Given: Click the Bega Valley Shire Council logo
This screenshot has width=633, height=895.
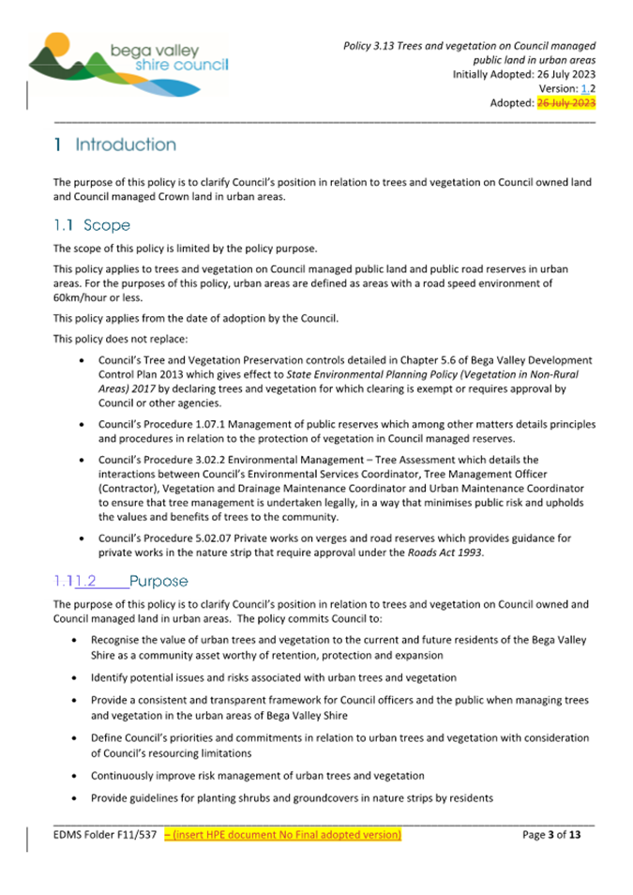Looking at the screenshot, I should tap(127, 62).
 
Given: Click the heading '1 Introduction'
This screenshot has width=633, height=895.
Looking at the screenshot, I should tap(114, 145).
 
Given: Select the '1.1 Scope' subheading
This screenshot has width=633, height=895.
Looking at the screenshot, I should tap(91, 225).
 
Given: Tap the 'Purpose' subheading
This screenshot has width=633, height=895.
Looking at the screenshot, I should tap(159, 581).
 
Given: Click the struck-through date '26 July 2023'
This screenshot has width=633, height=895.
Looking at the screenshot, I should tap(565, 103).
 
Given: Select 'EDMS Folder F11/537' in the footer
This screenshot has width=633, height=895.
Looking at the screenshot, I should tap(105, 833).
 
